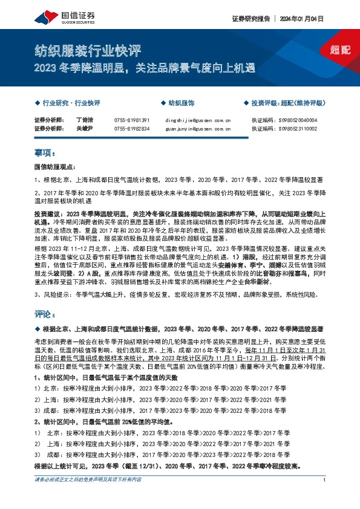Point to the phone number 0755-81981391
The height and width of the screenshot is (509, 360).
coord(131,120)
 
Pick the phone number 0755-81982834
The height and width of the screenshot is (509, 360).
coord(131,129)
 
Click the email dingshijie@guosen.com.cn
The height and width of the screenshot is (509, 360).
coord(197,120)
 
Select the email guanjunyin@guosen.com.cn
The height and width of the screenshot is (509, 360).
coord(197,129)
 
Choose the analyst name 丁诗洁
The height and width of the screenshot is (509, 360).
coord(83,120)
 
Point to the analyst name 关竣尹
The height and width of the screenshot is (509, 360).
coord(83,129)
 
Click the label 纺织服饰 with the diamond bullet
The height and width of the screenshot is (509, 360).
coord(181,103)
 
